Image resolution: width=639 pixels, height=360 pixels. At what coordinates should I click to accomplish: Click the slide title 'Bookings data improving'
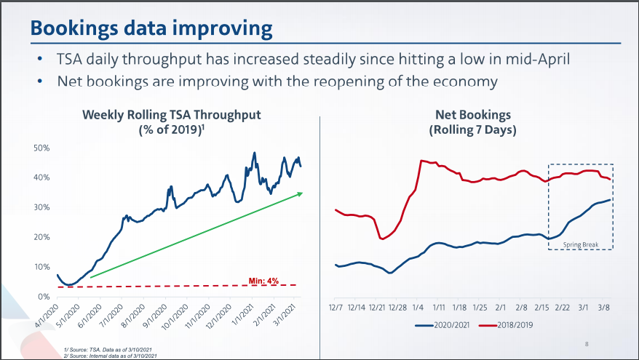151,29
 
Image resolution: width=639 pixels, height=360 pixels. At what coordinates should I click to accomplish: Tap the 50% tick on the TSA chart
41,148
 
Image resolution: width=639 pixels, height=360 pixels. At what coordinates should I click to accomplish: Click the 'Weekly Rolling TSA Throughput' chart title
171,115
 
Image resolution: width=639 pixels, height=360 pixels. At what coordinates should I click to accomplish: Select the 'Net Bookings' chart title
473,115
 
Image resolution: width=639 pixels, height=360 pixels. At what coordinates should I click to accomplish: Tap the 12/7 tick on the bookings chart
336,308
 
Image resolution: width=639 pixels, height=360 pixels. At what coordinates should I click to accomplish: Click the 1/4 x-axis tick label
419,308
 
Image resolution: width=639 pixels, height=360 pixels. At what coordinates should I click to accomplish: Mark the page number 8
588,343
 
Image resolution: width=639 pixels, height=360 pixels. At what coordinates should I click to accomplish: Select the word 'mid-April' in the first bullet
539,59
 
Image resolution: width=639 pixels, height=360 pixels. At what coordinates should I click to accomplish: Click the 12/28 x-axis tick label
398,308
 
